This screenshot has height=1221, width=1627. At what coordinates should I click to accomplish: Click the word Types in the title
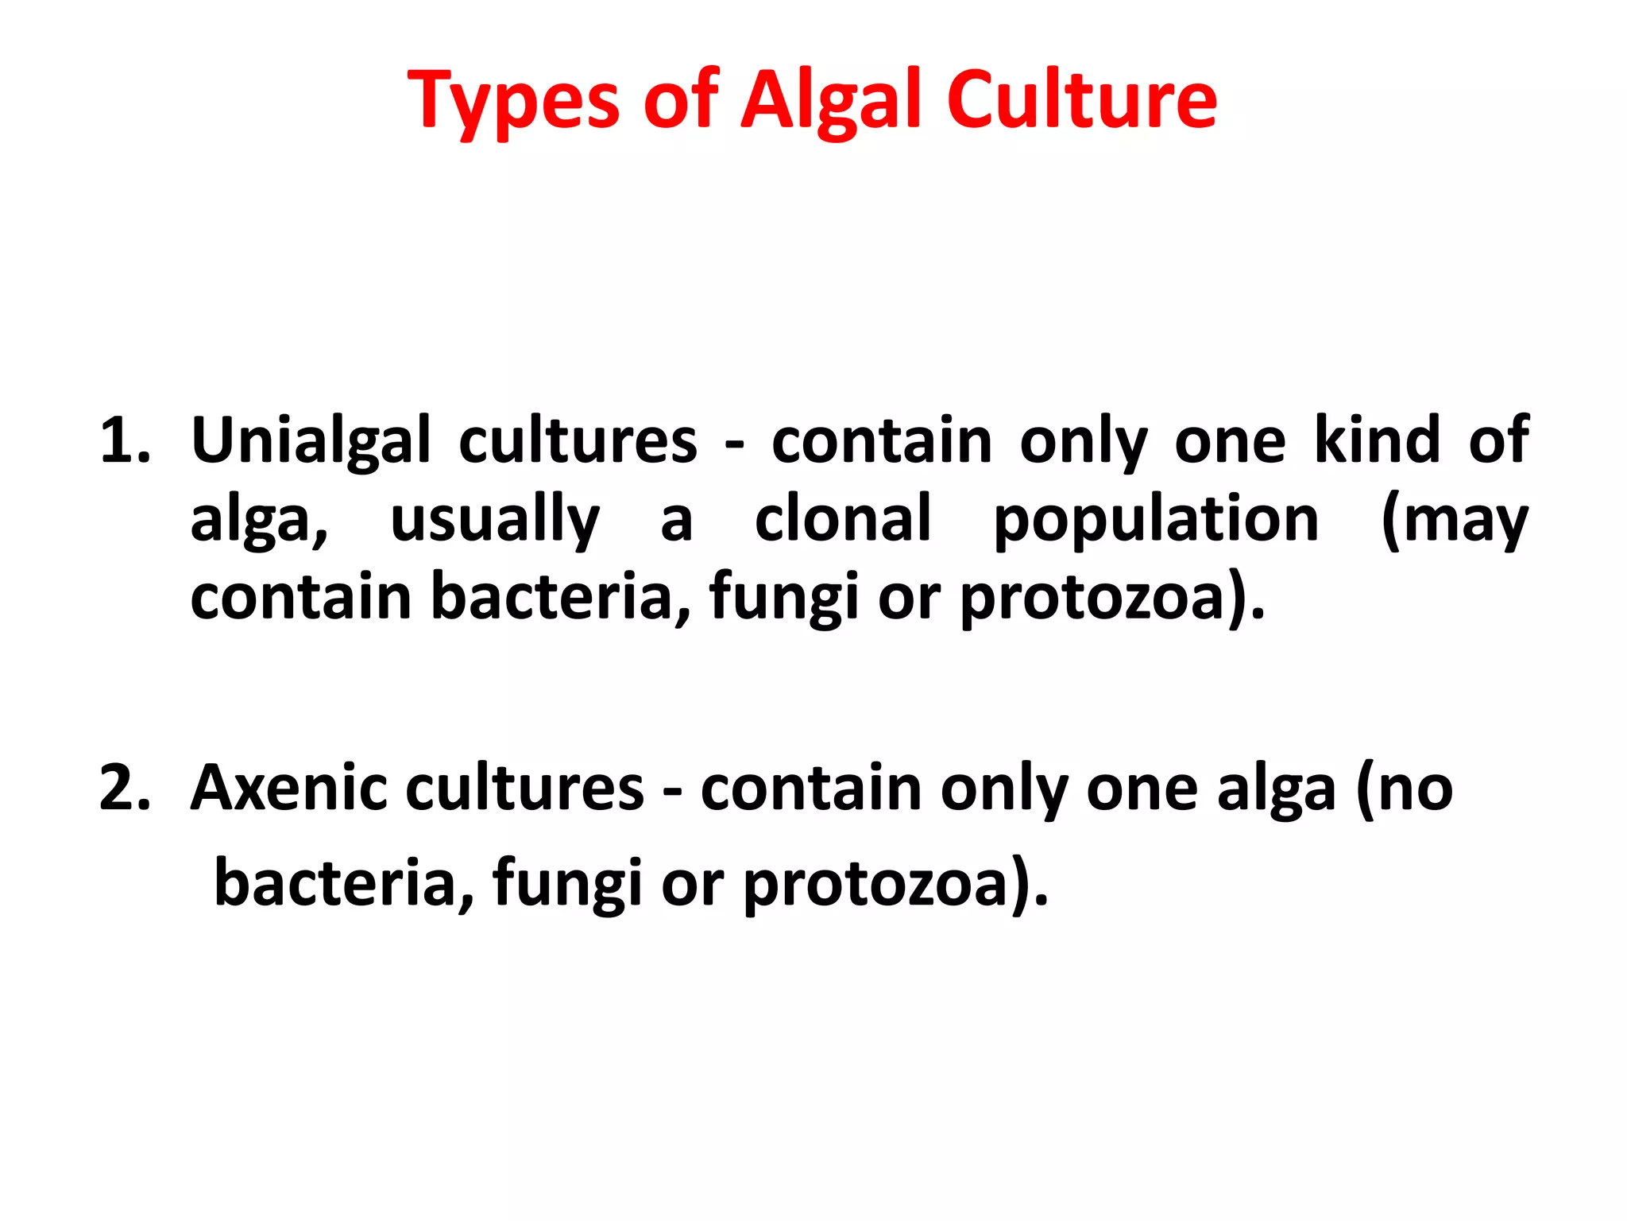512,102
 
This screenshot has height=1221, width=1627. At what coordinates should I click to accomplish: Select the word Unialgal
311,441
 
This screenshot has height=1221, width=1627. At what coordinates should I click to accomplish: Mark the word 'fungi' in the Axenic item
566,884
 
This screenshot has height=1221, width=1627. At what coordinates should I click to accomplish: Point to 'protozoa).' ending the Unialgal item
1113,598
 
